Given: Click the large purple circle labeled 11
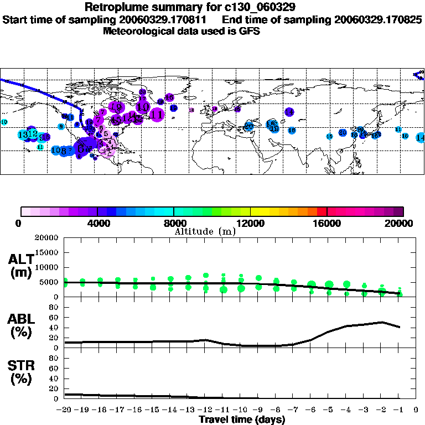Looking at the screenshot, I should [157, 115].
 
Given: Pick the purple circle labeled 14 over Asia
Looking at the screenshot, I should [289, 112].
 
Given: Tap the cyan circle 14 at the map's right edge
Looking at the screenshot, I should [421, 137].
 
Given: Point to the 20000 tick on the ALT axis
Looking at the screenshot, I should [47, 238].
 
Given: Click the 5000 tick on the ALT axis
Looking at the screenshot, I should [50, 282].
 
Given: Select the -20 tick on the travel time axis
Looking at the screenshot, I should [65, 411].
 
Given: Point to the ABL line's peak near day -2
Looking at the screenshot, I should [382, 322].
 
